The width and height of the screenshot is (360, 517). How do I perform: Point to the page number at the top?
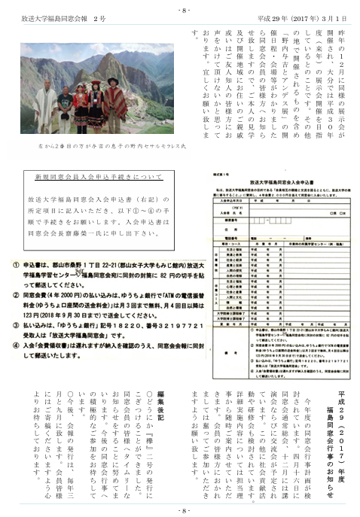180,10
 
